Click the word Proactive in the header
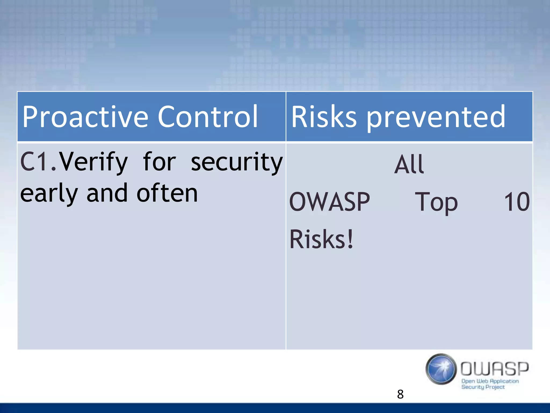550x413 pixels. point(85,117)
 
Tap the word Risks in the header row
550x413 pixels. point(324,117)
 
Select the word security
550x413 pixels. point(237,162)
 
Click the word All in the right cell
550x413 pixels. point(409,164)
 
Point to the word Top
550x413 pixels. point(436,202)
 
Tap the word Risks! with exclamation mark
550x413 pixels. point(321,239)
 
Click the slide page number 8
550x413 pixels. point(400,394)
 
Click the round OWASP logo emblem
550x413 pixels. point(441,369)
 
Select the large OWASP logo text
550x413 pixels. point(494,369)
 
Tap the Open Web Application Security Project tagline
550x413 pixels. point(490,384)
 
